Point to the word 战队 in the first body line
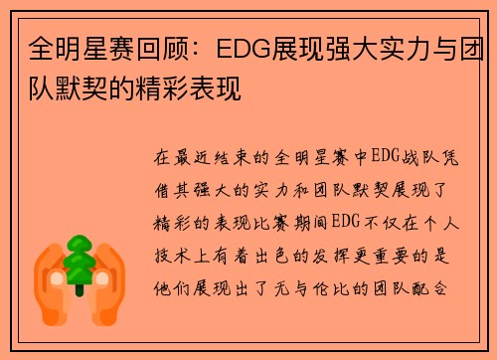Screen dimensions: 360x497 [410, 157]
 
